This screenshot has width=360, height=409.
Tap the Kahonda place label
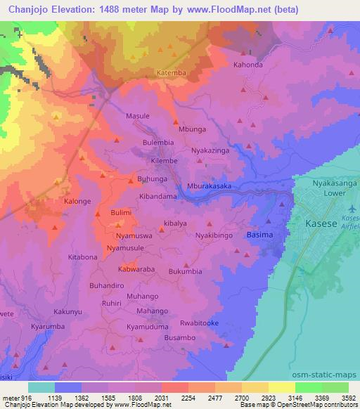tap(247, 64)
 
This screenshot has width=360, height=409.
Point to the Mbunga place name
tap(193, 129)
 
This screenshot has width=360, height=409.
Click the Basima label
tap(259, 234)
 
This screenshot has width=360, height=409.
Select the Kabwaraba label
tap(136, 269)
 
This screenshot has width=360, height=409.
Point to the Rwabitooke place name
tap(199, 323)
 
